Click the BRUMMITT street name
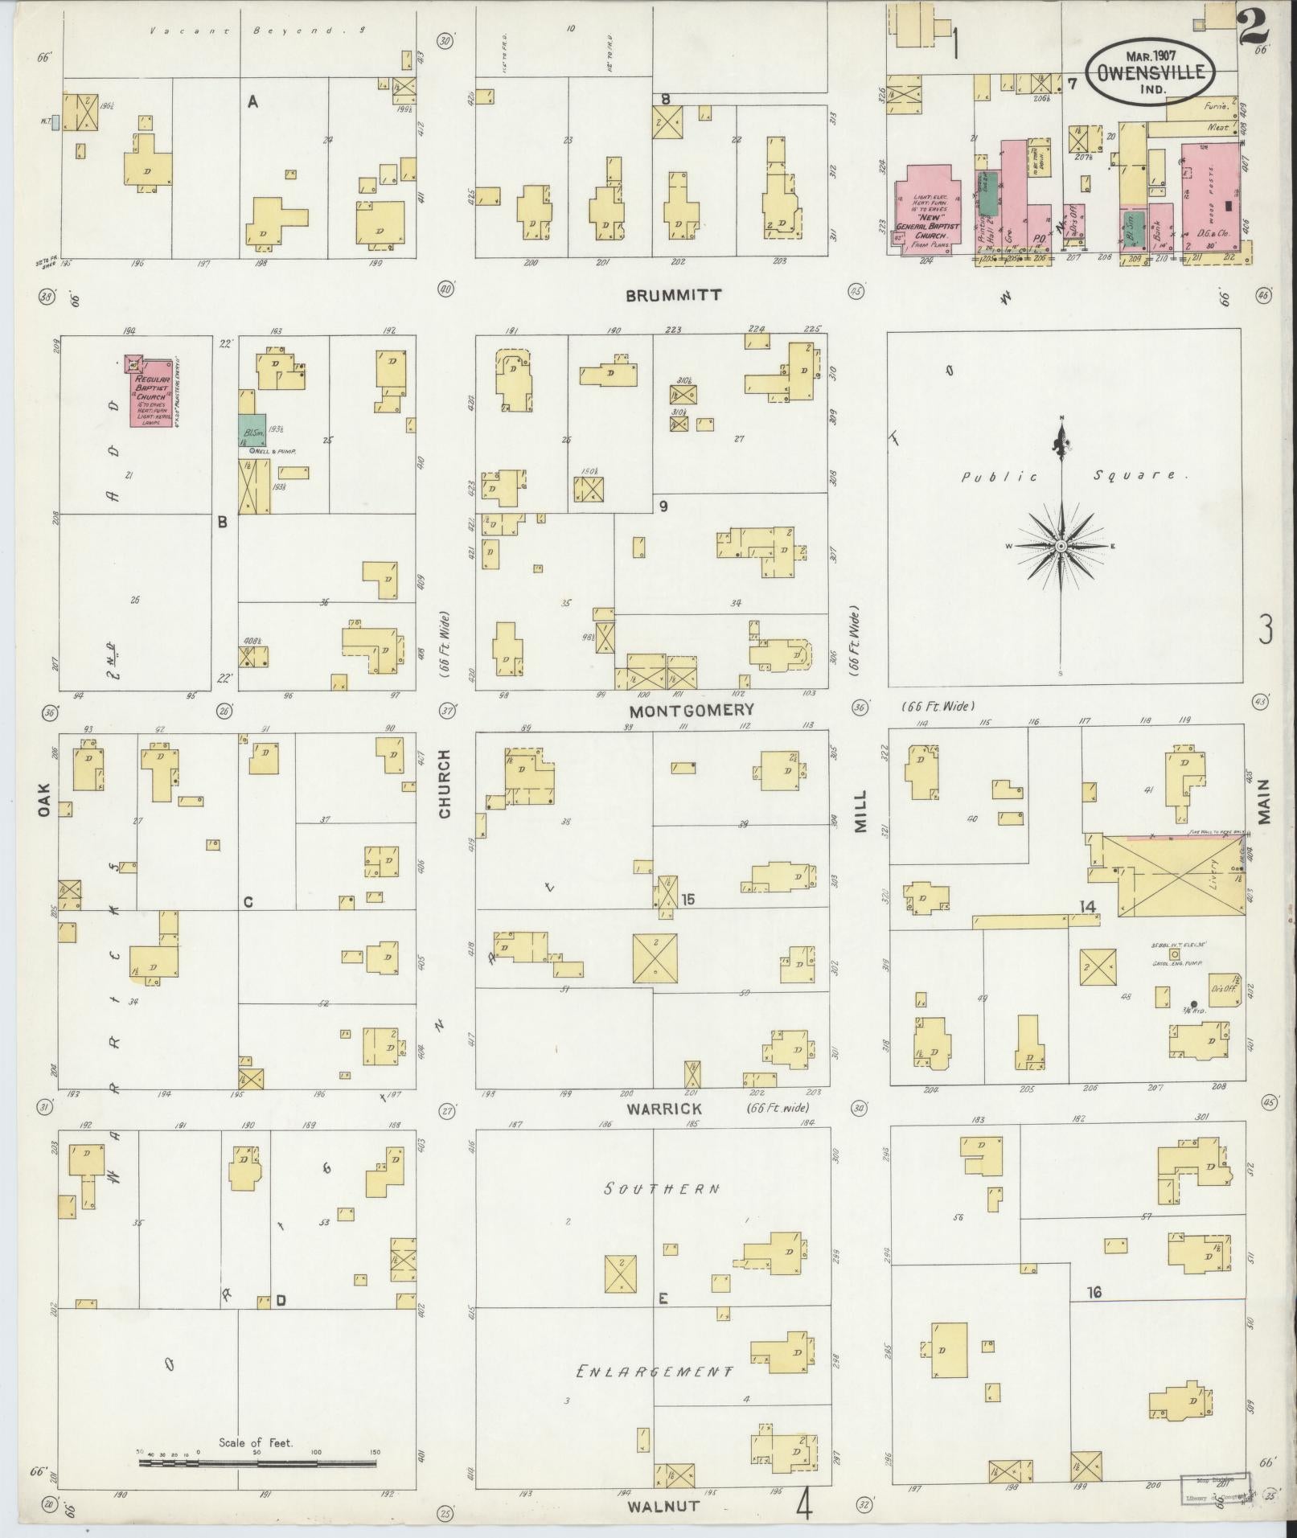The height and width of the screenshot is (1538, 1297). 674,295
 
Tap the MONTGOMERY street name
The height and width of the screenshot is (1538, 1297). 692,710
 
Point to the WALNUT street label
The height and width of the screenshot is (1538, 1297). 664,1506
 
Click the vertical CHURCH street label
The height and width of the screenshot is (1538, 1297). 444,784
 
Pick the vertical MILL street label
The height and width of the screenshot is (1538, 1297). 860,810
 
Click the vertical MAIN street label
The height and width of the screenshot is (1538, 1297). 1264,801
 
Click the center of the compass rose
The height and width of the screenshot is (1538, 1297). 1061,546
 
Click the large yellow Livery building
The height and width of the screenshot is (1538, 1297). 1174,876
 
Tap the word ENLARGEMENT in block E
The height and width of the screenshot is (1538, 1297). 655,1371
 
